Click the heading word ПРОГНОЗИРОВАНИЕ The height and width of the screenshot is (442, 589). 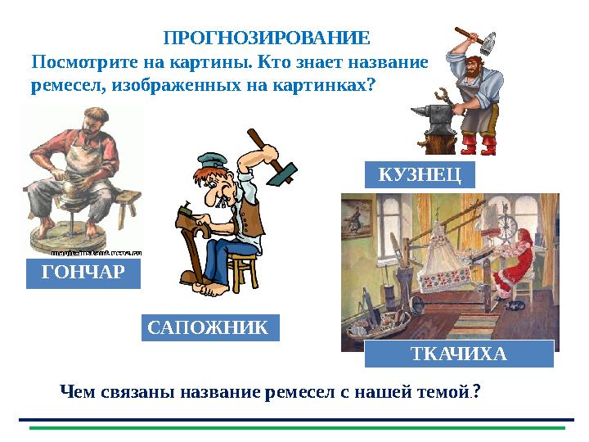pyautogui.click(x=267, y=38)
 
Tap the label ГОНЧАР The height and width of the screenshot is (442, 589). pyautogui.click(x=83, y=273)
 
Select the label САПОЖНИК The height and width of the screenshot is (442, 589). pyautogui.click(x=209, y=327)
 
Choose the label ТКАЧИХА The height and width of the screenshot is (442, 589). pyautogui.click(x=459, y=354)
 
